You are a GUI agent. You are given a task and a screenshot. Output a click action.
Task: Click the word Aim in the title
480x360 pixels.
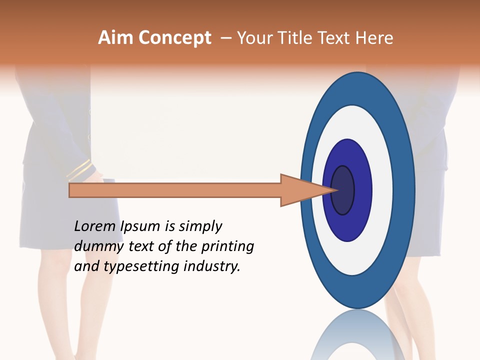pyautogui.click(x=116, y=38)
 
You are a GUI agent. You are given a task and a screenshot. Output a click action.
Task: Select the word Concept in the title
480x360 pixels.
pyautogui.click(x=174, y=38)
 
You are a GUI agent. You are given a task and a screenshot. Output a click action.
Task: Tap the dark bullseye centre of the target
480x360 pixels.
pyautogui.click(x=343, y=190)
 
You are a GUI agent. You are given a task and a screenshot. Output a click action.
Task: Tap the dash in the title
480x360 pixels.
pyautogui.click(x=225, y=38)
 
